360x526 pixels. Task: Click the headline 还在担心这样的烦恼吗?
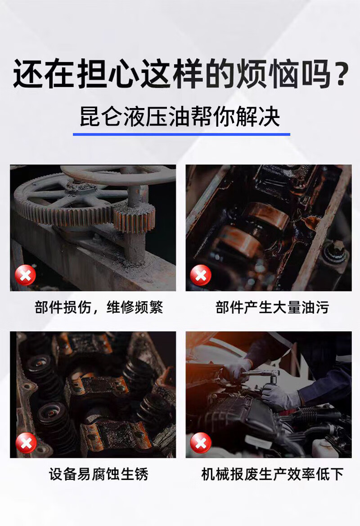point(181,73)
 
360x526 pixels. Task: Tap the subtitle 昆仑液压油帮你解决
point(180,116)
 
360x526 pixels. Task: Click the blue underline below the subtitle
point(181,134)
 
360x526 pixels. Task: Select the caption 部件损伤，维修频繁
point(99,307)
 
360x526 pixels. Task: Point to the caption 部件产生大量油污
point(272,307)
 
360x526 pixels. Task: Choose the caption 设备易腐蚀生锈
point(99,474)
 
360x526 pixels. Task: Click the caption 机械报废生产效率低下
point(272,474)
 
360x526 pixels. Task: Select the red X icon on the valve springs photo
point(26,443)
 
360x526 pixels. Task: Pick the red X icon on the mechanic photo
point(200,443)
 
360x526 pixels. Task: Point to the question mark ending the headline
point(341,74)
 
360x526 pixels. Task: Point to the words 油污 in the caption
point(315,307)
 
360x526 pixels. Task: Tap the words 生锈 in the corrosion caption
point(135,474)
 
